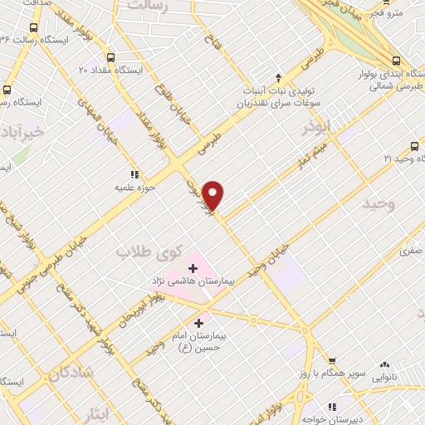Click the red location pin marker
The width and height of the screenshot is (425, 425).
coord(214,194)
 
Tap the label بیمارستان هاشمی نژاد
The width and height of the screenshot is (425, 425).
coord(196,282)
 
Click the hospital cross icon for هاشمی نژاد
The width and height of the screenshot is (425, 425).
coord(193,268)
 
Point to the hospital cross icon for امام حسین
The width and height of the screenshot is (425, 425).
coord(200,322)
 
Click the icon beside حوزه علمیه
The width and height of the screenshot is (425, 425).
coord(134,174)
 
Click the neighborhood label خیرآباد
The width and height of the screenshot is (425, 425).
coord(27,133)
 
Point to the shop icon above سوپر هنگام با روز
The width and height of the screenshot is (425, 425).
coord(333,361)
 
